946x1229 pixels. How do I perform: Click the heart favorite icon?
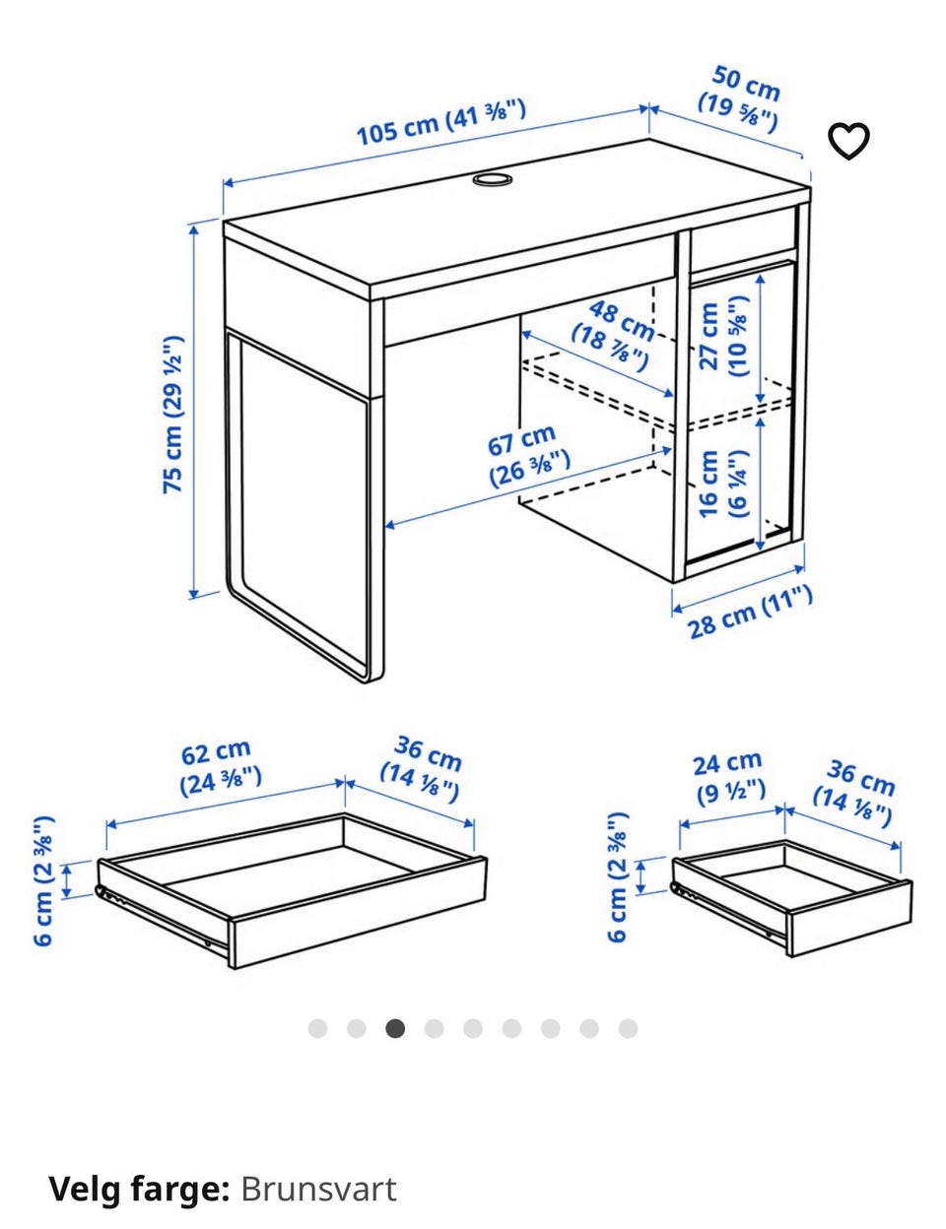pos(848,140)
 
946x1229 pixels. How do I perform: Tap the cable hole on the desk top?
pos(492,178)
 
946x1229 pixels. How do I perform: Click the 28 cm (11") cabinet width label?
pos(750,614)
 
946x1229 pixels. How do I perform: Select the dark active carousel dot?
pos(395,1028)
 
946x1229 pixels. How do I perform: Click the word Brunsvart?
pos(318,1175)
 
